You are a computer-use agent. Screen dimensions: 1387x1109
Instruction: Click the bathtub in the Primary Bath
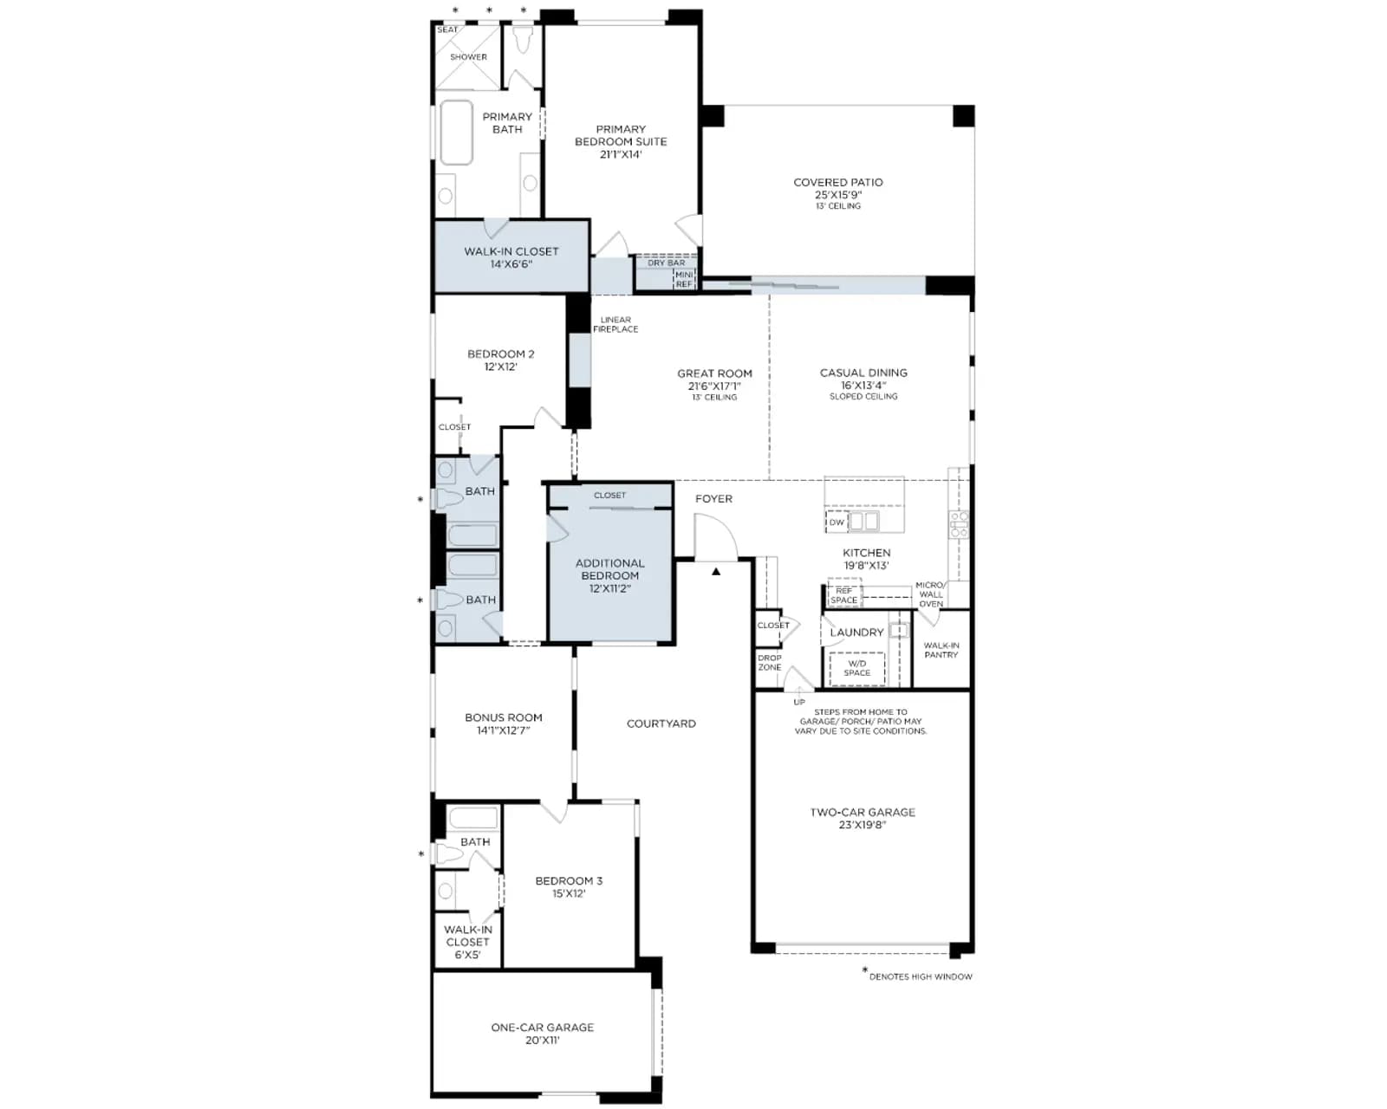pyautogui.click(x=456, y=132)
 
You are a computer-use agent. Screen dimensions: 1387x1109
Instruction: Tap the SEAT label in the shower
pyautogui.click(x=447, y=29)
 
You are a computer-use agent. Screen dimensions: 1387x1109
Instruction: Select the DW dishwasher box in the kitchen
pyautogui.click(x=837, y=522)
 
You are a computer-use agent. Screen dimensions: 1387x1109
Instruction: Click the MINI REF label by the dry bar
pyautogui.click(x=684, y=279)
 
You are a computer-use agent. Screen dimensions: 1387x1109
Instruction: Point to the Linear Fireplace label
pyautogui.click(x=615, y=324)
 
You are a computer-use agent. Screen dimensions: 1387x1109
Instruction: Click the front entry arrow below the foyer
pyautogui.click(x=715, y=571)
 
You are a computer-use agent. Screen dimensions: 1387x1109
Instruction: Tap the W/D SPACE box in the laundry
pyautogui.click(x=856, y=668)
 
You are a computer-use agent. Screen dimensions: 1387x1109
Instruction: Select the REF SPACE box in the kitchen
pyautogui.click(x=843, y=594)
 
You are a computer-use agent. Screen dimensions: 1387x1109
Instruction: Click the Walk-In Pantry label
pyautogui.click(x=941, y=650)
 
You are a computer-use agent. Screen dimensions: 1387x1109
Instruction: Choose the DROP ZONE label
pyautogui.click(x=770, y=663)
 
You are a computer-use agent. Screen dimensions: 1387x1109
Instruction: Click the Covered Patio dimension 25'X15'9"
pyautogui.click(x=838, y=195)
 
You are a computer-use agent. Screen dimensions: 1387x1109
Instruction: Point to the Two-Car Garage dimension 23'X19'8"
pyautogui.click(x=863, y=824)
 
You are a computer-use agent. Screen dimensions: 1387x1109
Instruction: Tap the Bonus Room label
pyautogui.click(x=504, y=717)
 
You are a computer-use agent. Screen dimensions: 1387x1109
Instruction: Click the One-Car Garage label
pyautogui.click(x=542, y=1028)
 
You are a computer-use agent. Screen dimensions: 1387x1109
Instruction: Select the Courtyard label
pyautogui.click(x=661, y=723)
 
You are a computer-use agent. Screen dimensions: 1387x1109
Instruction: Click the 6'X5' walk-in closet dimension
pyautogui.click(x=467, y=954)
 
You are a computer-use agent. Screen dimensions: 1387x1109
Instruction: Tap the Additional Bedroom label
pyautogui.click(x=609, y=569)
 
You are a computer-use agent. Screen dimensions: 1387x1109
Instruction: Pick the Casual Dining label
pyautogui.click(x=863, y=373)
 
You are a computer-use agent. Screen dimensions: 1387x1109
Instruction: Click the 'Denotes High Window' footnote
pyautogui.click(x=921, y=976)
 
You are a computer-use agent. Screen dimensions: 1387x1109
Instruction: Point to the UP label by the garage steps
pyautogui.click(x=799, y=702)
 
